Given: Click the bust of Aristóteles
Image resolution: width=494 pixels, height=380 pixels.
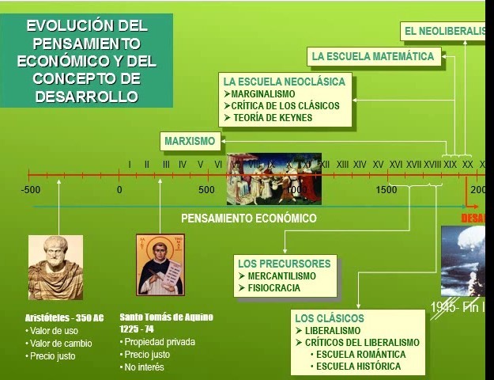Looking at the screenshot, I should (x=55, y=267).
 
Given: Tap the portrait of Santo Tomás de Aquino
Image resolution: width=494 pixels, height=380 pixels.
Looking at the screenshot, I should (x=160, y=264).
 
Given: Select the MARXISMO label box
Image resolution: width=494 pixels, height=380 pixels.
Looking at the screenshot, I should (x=190, y=142).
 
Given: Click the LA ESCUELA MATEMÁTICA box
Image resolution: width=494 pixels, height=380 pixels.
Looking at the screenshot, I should (x=373, y=57).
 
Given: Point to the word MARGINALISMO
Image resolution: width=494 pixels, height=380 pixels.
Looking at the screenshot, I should (x=263, y=93).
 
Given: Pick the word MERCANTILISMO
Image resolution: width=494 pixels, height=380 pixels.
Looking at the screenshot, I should (x=281, y=276).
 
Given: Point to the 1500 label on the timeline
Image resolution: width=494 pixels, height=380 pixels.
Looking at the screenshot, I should (x=387, y=190).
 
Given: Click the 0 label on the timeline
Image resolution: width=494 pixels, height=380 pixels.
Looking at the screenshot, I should (x=119, y=190).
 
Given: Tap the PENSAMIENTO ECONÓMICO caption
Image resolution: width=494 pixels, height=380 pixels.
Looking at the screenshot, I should (x=248, y=218).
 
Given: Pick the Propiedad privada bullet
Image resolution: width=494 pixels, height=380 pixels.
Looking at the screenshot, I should (x=160, y=342).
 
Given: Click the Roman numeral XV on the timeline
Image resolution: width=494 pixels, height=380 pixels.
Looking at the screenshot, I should (x=379, y=164).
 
